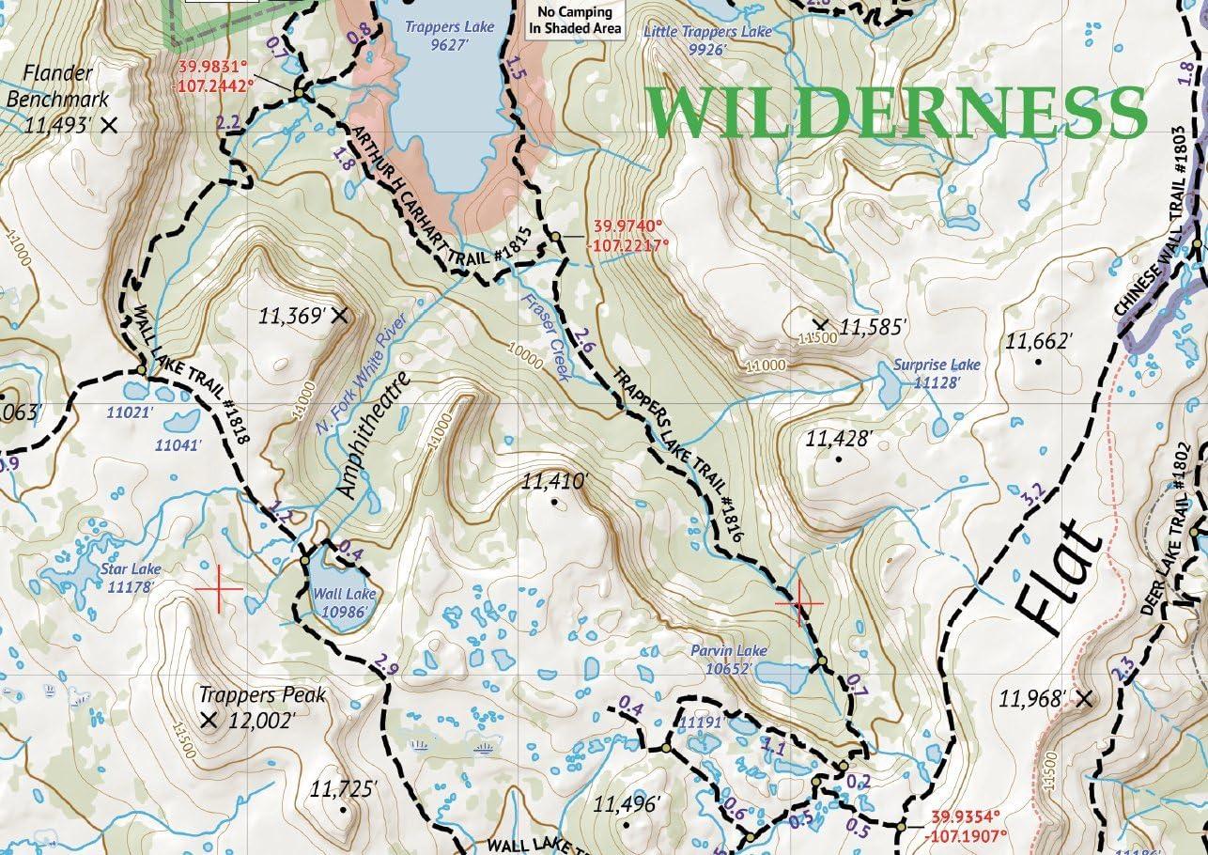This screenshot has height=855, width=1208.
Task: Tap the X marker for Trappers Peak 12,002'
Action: click(x=209, y=722)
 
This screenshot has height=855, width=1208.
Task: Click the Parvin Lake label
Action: click(x=729, y=650)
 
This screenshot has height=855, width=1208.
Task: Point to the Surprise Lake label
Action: click(x=936, y=365)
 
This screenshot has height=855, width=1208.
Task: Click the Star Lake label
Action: click(x=133, y=569)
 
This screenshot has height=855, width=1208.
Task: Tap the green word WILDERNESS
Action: click(x=897, y=113)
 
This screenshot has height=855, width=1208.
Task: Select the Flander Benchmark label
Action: click(x=58, y=85)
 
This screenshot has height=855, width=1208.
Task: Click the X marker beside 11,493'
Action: click(x=109, y=124)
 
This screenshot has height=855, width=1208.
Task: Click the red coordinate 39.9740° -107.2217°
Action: click(x=629, y=236)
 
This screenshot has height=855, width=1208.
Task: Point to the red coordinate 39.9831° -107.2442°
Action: click(x=216, y=75)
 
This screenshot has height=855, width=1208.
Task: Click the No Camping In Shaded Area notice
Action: click(x=575, y=20)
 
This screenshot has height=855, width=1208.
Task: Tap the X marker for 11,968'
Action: click(x=1085, y=698)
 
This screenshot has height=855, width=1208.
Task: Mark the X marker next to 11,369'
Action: click(x=340, y=316)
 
